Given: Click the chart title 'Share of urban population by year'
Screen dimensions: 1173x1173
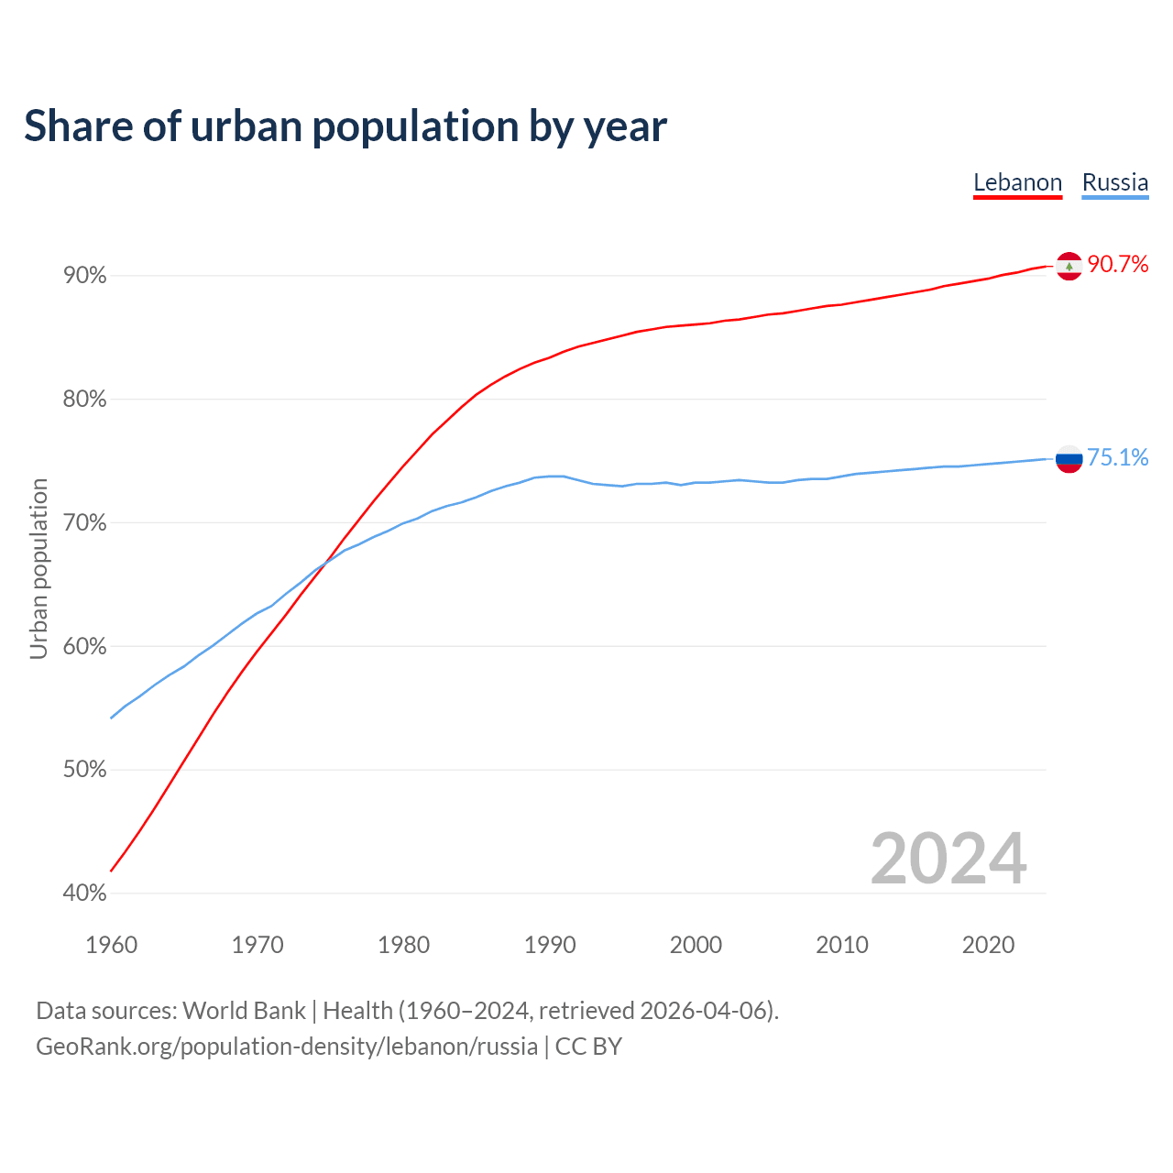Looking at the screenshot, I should (345, 126).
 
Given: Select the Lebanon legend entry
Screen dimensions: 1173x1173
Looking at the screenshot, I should (1017, 182).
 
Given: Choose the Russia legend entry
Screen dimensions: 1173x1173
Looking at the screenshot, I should (1114, 182).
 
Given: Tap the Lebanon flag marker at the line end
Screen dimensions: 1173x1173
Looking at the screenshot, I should (1069, 266).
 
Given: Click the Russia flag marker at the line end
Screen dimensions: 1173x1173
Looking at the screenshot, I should (1069, 458).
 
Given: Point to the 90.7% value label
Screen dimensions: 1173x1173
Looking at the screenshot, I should (1117, 265).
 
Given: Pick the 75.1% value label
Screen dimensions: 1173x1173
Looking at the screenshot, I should (1117, 457).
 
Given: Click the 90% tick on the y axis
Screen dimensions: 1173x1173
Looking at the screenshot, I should (85, 276).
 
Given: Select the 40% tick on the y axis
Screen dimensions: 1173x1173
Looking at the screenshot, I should (85, 893).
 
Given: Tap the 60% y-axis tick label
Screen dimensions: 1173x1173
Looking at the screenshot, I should (85, 646).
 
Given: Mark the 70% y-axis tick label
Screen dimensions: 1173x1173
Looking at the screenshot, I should (85, 523).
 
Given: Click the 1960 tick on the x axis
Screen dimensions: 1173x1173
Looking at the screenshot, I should (111, 945).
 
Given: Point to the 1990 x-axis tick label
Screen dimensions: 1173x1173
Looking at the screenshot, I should (550, 945).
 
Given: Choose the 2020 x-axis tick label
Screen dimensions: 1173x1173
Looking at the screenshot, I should (988, 945).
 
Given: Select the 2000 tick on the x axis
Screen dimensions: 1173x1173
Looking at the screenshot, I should (696, 945).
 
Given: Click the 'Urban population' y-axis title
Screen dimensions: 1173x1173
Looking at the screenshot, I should (38, 568).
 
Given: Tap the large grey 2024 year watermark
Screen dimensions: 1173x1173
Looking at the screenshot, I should (948, 859).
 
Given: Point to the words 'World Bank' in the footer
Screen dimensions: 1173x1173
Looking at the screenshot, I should (244, 1011).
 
